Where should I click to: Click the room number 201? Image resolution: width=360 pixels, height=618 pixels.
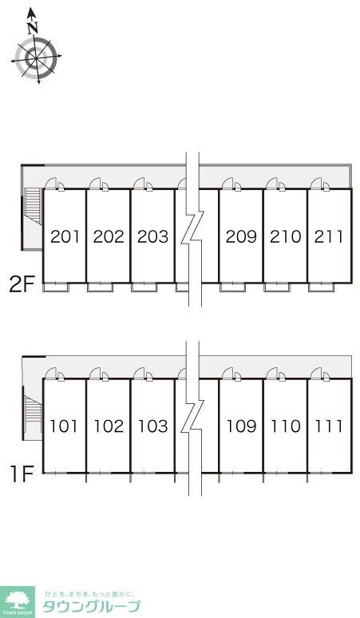65,236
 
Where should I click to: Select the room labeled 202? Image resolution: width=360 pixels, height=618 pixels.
109,236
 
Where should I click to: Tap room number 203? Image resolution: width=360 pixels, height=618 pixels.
152,236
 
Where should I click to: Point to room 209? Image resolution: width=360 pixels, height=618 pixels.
241,236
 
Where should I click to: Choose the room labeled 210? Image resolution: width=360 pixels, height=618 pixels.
285,236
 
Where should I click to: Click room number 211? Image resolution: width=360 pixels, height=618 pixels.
329,236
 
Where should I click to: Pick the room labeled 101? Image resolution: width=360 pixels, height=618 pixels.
64,426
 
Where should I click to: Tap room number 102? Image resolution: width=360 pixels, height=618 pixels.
109,426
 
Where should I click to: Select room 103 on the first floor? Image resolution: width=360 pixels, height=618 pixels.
152,426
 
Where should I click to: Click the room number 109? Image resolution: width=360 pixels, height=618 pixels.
242,426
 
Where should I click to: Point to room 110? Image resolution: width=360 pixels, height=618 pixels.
285,426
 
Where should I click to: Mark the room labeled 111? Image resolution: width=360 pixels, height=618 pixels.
329,426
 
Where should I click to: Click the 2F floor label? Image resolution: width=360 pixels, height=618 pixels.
22,284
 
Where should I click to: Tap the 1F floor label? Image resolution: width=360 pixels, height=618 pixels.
22,474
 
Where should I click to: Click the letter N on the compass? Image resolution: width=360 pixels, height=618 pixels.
33,28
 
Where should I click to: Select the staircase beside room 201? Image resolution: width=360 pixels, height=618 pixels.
33,206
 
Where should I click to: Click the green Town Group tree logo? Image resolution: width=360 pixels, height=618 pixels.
17,602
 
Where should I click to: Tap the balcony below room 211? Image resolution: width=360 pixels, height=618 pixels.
320,287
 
